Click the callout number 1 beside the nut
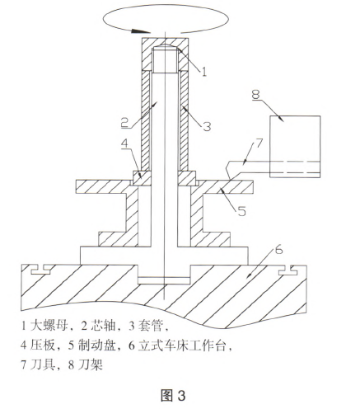click(204, 71)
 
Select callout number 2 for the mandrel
click(125, 122)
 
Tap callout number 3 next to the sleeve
click(207, 126)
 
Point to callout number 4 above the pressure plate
click(124, 144)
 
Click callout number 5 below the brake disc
click(241, 211)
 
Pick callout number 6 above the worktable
click(278, 250)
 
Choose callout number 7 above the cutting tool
click(259, 143)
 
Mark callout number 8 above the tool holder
click(255, 94)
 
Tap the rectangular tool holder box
click(295, 147)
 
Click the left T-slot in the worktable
click(40, 270)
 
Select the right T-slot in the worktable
click(288, 270)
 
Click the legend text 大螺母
click(49, 325)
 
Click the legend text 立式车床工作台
click(182, 345)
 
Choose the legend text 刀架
click(91, 364)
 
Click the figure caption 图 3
click(173, 396)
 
